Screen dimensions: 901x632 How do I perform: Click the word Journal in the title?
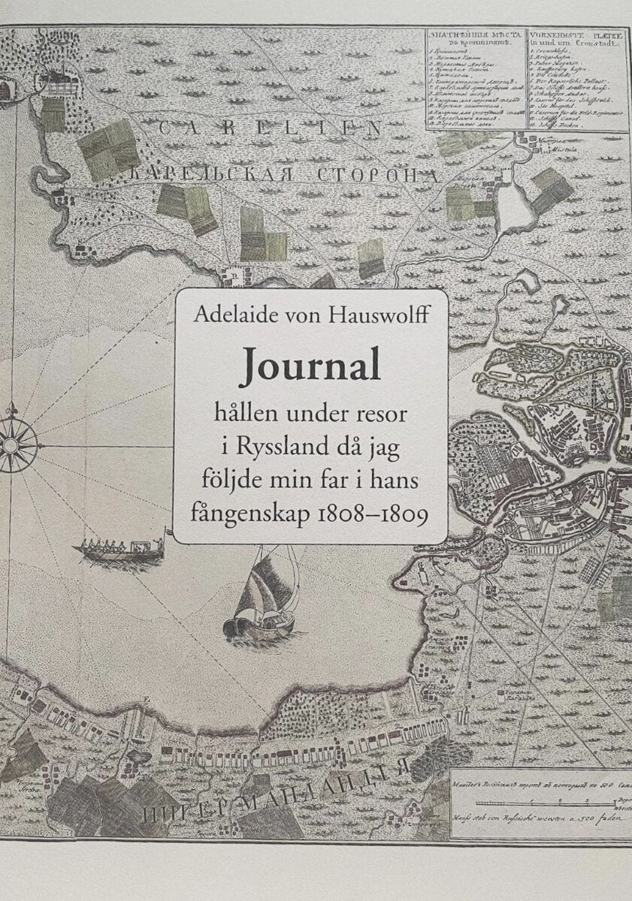pyautogui.click(x=310, y=368)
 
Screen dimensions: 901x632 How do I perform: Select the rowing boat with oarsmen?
pyautogui.click(x=120, y=549)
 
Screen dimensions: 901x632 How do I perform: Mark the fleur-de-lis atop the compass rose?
pyautogui.click(x=12, y=411)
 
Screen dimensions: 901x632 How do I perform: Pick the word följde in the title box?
pyautogui.click(x=225, y=482)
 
